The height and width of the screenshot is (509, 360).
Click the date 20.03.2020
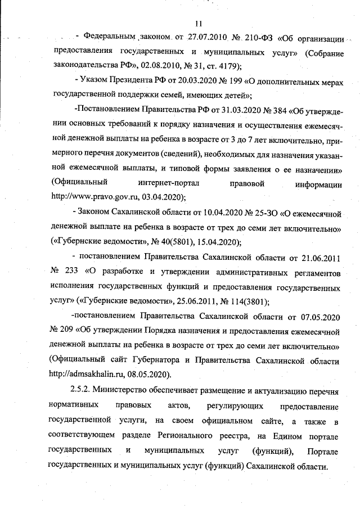coord(191,78)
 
